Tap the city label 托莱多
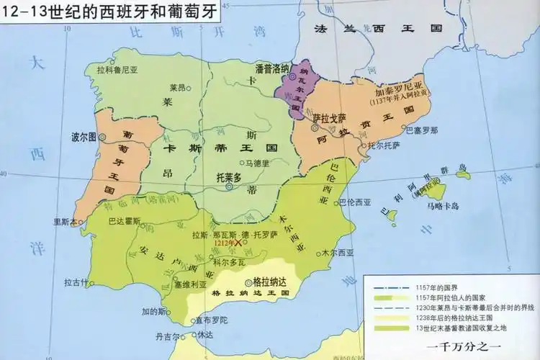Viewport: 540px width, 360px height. pyautogui.click(x=223, y=176)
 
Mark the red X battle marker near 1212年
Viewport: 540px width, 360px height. pyautogui.click(x=238, y=246)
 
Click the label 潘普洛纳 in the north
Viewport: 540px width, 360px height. pyautogui.click(x=272, y=68)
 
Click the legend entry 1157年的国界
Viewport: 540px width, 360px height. pyautogui.click(x=440, y=287)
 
